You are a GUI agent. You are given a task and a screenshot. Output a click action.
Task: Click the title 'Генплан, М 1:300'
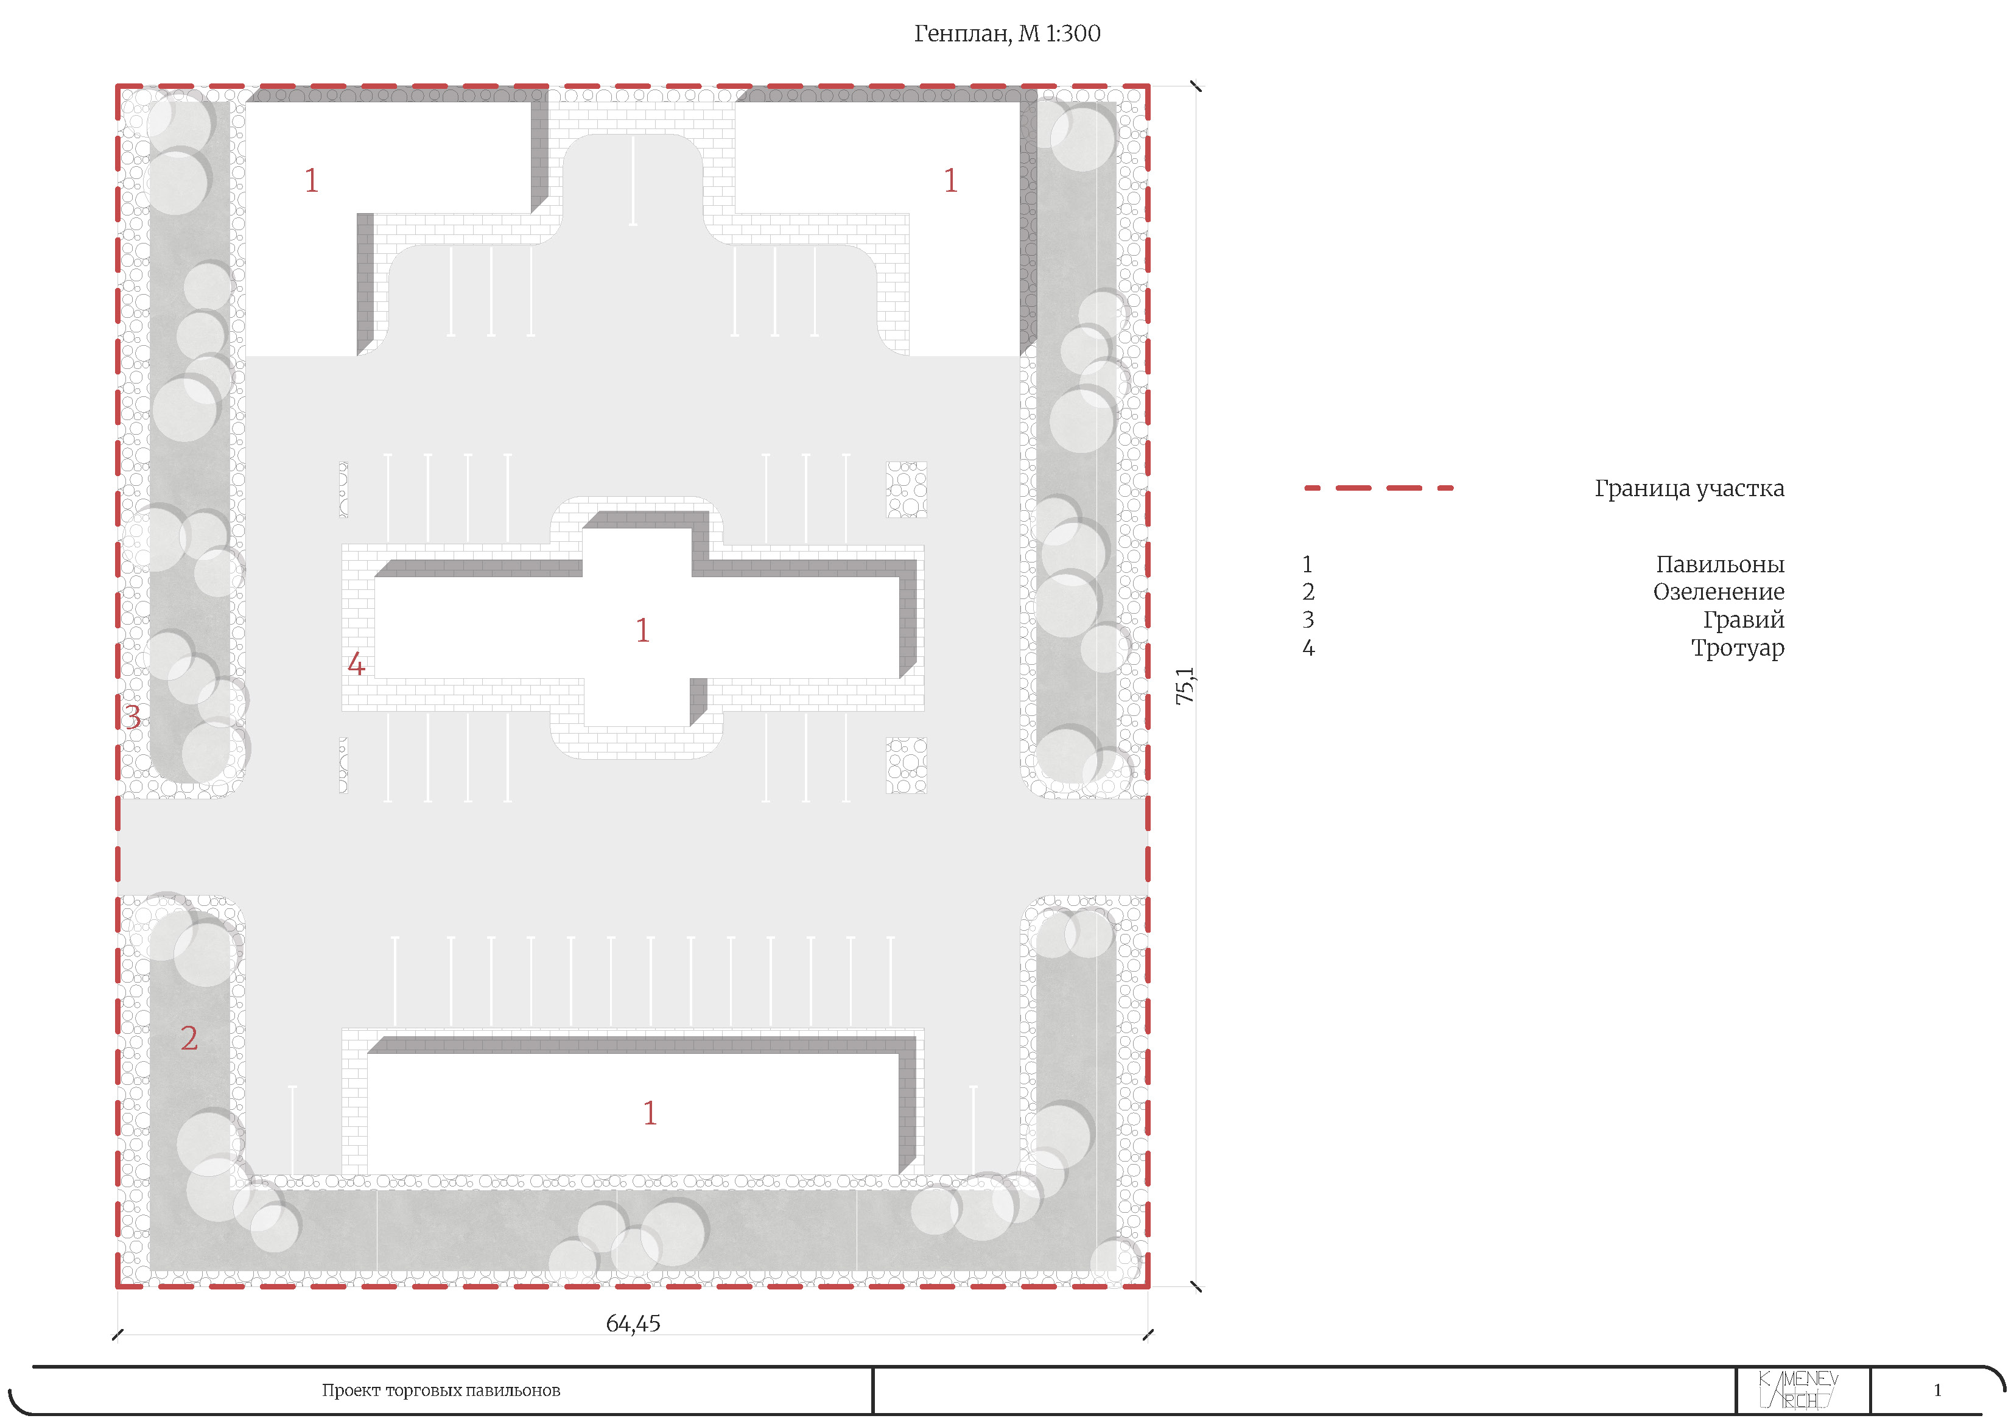pos(1007,33)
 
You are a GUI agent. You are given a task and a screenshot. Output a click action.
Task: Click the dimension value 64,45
pos(633,1323)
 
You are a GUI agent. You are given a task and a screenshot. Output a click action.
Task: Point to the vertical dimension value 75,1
pos(1185,686)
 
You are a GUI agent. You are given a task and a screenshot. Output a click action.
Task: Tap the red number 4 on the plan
pos(356,664)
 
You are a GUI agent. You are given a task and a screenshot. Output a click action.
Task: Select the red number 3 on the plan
pos(133,718)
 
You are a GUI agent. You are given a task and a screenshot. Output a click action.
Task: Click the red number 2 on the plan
pos(189,1038)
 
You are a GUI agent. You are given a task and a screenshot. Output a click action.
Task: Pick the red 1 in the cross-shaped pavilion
pos(642,630)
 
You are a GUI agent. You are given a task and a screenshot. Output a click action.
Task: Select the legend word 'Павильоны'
pos(1719,564)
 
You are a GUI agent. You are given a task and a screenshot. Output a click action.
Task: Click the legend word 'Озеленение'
pos(1718,592)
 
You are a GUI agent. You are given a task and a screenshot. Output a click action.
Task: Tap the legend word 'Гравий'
pos(1743,620)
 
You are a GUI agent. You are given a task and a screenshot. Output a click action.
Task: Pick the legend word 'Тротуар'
pos(1737,648)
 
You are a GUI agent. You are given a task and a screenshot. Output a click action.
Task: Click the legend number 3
pos(1308,620)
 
